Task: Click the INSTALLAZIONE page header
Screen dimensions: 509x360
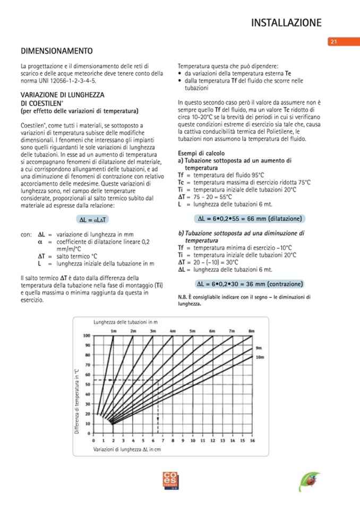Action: click(x=286, y=22)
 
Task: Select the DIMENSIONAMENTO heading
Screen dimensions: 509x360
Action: click(x=56, y=51)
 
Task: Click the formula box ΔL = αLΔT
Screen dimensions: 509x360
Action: click(x=93, y=219)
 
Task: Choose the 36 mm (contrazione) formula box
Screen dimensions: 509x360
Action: click(x=250, y=283)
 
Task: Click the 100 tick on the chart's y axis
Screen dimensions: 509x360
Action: click(x=86, y=335)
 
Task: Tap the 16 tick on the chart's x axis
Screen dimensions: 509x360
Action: click(x=252, y=441)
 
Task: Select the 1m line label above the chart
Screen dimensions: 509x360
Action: click(x=113, y=331)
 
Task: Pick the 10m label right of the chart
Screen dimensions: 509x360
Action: click(x=260, y=357)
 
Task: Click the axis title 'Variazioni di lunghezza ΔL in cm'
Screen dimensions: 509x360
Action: click(x=127, y=449)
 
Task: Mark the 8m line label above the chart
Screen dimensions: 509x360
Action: click(x=251, y=331)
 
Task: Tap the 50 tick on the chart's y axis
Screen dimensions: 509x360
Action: click(x=87, y=384)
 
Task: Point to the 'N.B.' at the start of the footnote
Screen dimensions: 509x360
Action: click(x=183, y=297)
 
